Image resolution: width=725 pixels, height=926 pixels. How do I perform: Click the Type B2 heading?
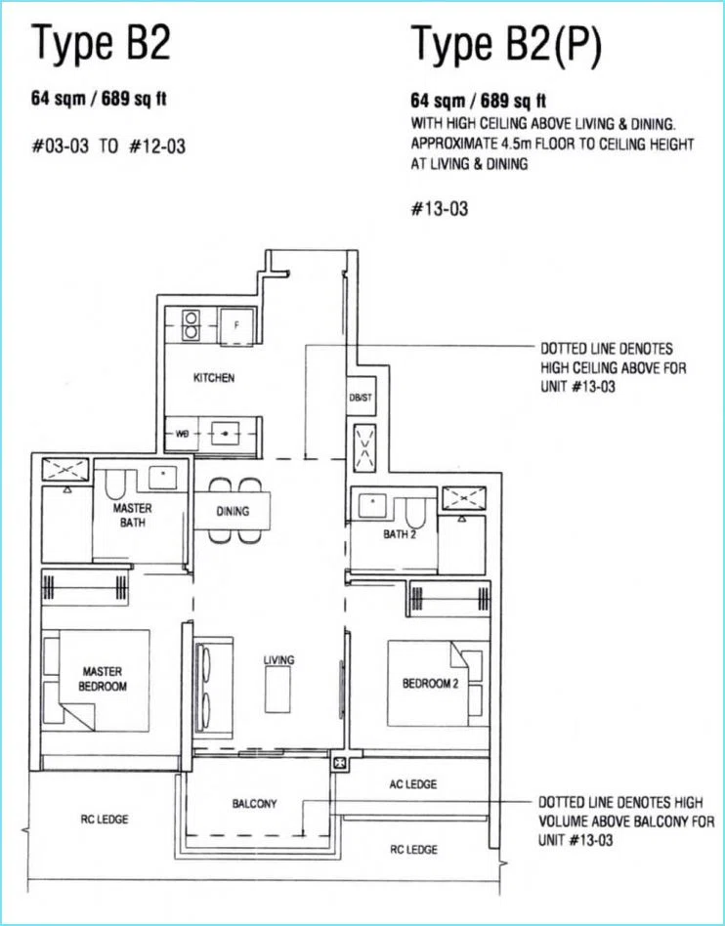(x=101, y=44)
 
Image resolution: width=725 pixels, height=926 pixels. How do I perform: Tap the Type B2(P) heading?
(x=506, y=44)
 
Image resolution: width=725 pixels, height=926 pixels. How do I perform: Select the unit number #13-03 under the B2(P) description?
(x=439, y=208)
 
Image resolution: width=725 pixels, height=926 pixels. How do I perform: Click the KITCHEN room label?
(x=214, y=378)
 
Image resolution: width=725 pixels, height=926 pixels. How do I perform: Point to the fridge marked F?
(x=236, y=326)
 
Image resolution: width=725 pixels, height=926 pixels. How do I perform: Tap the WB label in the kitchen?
(x=182, y=434)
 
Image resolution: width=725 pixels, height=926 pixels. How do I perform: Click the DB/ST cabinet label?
(x=361, y=398)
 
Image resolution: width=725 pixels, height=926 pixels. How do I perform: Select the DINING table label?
(x=233, y=512)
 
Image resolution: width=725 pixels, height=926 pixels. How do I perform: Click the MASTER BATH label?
(x=132, y=515)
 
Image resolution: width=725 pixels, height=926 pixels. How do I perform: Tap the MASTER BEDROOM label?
(x=103, y=679)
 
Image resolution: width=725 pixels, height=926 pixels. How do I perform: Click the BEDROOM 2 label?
(x=430, y=684)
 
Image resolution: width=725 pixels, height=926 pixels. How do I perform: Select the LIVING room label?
(x=278, y=660)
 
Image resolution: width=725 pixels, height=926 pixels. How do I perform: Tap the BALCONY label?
(x=255, y=804)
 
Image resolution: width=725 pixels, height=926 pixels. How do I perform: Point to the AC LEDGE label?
(x=413, y=784)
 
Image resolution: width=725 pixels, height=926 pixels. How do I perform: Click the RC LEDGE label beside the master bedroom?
(x=104, y=820)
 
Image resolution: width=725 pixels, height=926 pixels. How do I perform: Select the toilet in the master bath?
(x=114, y=484)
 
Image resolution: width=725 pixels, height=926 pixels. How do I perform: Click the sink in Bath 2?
(x=373, y=506)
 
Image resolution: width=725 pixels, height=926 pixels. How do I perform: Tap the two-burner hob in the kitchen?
(x=191, y=325)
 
